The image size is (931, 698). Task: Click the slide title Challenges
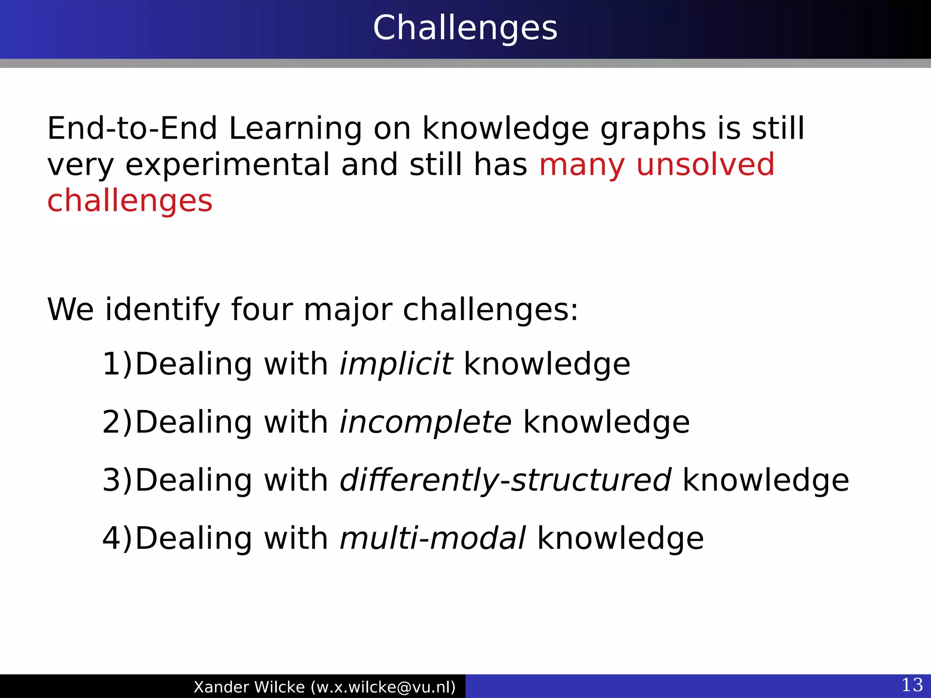point(465,28)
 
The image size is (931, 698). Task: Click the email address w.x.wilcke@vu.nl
point(383,687)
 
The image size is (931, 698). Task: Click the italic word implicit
point(395,364)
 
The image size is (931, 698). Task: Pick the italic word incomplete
point(425,422)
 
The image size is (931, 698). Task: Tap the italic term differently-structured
point(505,480)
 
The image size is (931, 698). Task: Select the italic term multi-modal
point(433,538)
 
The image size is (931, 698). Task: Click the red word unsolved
point(705,165)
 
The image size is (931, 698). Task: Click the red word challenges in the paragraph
point(130,201)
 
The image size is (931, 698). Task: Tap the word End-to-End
point(132,129)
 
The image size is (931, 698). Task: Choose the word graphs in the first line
point(653,130)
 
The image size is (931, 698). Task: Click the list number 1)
point(117,364)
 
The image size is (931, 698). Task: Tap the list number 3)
point(117,480)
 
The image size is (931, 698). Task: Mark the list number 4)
point(117,538)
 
